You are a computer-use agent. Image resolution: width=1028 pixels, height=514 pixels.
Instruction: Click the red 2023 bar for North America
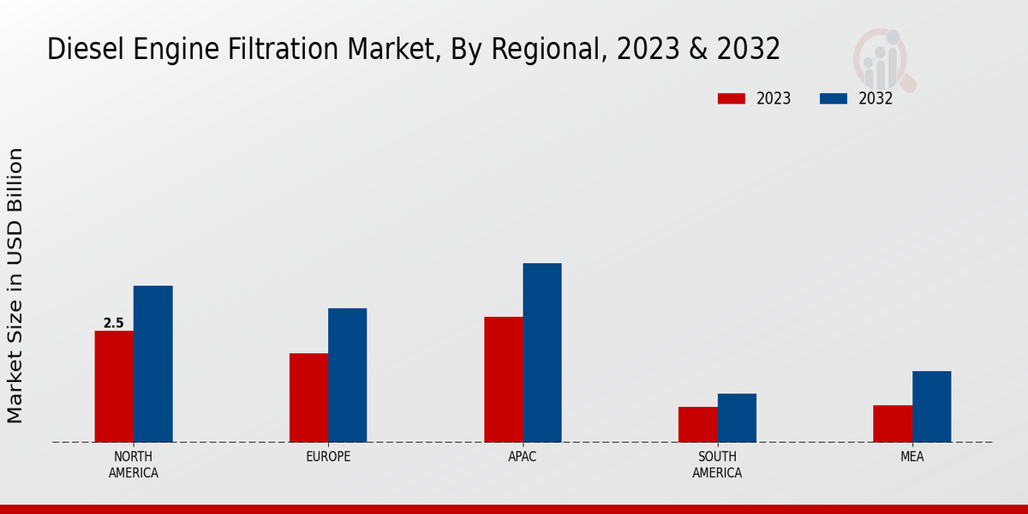[x=114, y=386]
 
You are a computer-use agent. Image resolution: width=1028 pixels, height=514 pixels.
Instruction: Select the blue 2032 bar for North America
[x=152, y=364]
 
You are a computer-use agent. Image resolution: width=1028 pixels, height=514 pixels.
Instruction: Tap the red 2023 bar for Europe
[x=308, y=397]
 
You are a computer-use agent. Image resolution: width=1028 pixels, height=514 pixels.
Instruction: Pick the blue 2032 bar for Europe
[x=347, y=375]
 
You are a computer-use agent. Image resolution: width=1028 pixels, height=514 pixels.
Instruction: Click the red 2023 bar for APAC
[x=503, y=380]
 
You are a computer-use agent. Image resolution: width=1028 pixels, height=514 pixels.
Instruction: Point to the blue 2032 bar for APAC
[x=542, y=353]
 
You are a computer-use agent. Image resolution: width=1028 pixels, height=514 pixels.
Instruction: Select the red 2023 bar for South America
[x=697, y=424]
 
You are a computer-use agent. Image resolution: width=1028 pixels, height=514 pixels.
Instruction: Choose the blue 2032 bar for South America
[x=737, y=418]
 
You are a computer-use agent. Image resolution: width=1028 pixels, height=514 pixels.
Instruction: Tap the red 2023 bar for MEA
[x=893, y=423]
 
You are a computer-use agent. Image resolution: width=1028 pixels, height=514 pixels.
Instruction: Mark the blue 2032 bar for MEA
[x=931, y=407]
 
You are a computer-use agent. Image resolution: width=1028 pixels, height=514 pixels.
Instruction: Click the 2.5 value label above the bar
[x=113, y=323]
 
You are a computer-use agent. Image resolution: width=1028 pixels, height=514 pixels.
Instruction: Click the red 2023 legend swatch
[x=731, y=99]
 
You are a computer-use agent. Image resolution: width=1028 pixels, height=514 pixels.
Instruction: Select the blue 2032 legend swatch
[x=833, y=99]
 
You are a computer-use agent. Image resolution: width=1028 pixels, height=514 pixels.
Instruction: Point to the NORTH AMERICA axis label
[x=134, y=464]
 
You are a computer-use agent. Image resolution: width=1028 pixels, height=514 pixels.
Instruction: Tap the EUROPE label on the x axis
[x=328, y=457]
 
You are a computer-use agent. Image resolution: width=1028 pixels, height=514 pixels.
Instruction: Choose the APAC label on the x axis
[x=523, y=457]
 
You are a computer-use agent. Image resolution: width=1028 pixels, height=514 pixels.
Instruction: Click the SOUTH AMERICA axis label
[x=717, y=464]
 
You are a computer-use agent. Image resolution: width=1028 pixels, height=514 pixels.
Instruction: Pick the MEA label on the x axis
[x=911, y=457]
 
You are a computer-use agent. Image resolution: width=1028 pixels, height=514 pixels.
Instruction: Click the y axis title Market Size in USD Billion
[x=15, y=285]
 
